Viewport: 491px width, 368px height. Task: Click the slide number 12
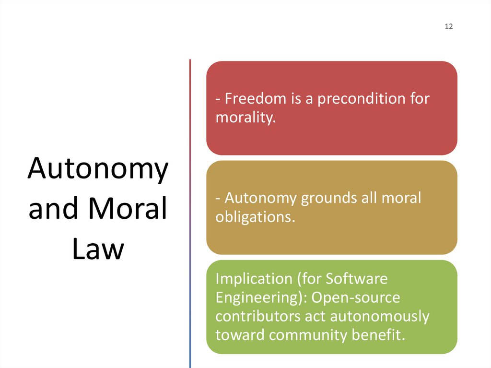point(448,27)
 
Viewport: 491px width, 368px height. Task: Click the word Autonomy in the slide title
point(98,168)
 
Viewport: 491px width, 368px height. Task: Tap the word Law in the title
point(98,249)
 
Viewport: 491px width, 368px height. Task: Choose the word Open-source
point(355,297)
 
